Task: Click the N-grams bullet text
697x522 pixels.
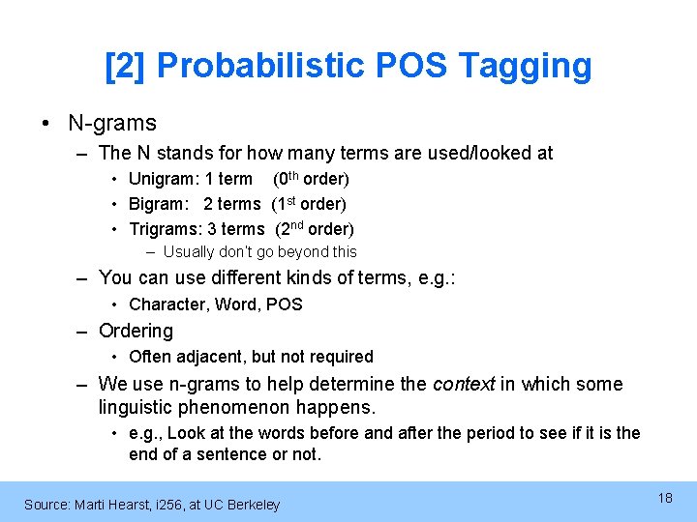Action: pyautogui.click(x=111, y=123)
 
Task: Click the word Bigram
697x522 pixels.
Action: pyautogui.click(x=158, y=204)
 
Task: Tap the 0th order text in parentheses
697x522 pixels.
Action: pyautogui.click(x=311, y=179)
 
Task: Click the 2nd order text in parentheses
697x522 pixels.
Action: pyautogui.click(x=315, y=229)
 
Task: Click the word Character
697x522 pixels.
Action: pyautogui.click(x=166, y=304)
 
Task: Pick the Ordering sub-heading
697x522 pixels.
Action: pyautogui.click(x=136, y=331)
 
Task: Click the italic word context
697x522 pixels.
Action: pyautogui.click(x=463, y=384)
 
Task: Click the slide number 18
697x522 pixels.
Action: pyautogui.click(x=664, y=498)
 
